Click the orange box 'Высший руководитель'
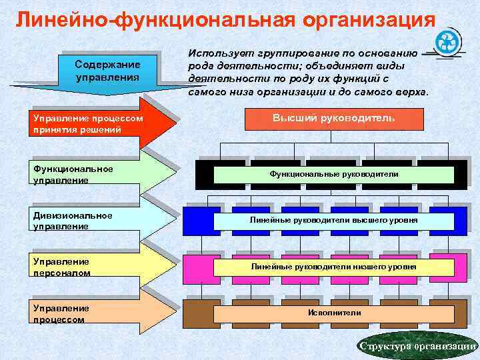(335, 118)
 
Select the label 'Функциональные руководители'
(333, 174)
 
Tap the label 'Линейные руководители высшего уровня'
(333, 219)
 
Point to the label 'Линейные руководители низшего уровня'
(333, 267)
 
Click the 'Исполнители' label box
(333, 313)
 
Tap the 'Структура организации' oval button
(417, 345)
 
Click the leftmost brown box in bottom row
(197, 313)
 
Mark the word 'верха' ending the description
(413, 91)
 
